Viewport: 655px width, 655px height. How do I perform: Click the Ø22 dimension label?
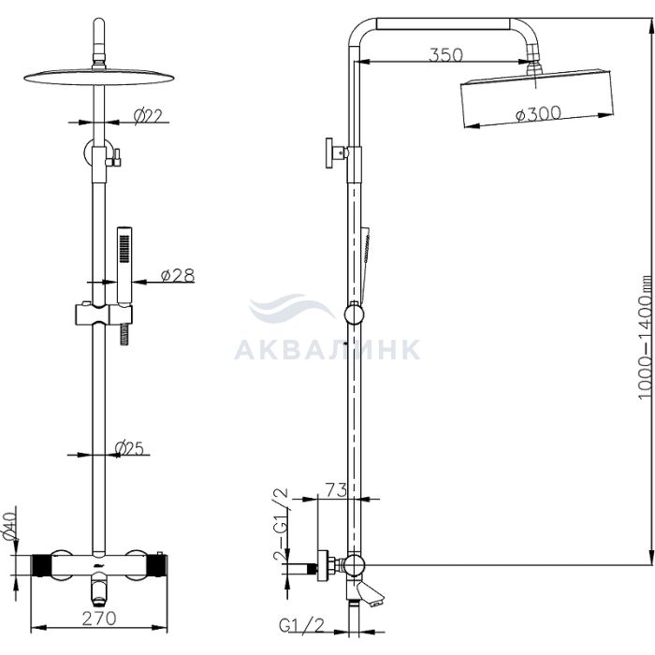coord(148,116)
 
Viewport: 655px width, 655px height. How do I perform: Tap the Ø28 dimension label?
coord(178,275)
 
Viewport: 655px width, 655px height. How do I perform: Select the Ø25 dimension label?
coord(129,448)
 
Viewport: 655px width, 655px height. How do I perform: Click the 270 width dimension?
coord(99,619)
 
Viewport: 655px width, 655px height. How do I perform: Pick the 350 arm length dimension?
coord(446,54)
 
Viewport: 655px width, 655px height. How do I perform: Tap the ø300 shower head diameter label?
coord(538,113)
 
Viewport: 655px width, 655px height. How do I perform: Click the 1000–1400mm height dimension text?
coord(645,337)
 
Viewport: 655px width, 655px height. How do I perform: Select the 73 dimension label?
coord(336,490)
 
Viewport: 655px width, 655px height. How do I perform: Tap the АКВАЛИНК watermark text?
coord(327,350)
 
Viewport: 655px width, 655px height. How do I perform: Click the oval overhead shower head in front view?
coord(98,77)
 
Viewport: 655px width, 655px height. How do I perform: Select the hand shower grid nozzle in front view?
coord(124,249)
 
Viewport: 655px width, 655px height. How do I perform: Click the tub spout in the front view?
coord(99,593)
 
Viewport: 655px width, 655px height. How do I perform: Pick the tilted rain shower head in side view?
coord(537,97)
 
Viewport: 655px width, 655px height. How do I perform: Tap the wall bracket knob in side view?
coord(331,153)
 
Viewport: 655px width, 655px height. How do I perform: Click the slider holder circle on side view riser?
coord(354,315)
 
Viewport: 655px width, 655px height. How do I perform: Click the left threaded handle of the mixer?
coord(41,565)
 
